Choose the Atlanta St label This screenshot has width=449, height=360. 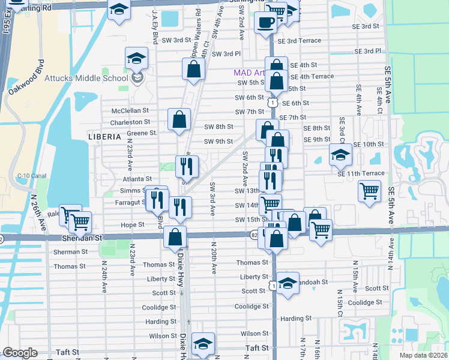click(x=137, y=179)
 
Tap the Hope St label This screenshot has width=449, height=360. click(x=133, y=224)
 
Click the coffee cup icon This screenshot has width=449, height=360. click(x=265, y=23)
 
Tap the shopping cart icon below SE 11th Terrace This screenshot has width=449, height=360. click(x=369, y=191)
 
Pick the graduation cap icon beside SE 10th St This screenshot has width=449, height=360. click(x=340, y=155)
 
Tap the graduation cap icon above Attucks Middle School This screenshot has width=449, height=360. click(x=137, y=58)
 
